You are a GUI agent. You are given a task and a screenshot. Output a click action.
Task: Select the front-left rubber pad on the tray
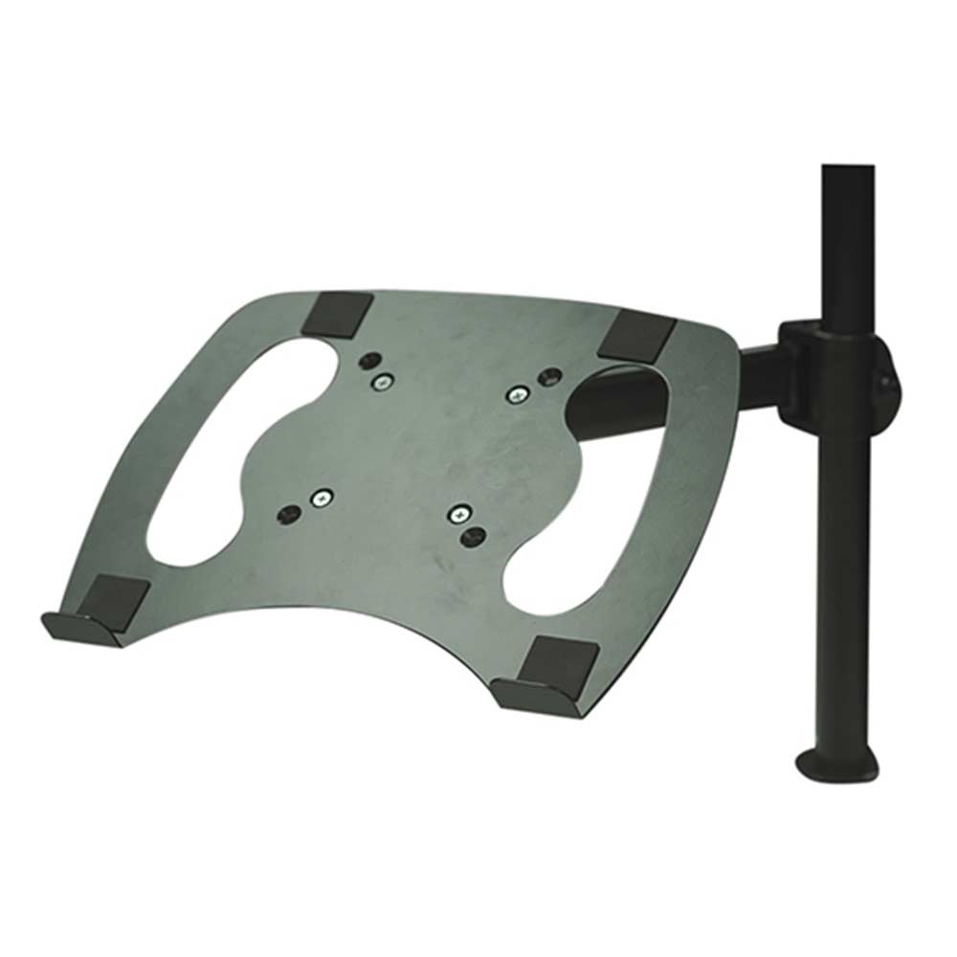[x=112, y=599]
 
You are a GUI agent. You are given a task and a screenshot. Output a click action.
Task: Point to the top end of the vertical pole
[x=848, y=172]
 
